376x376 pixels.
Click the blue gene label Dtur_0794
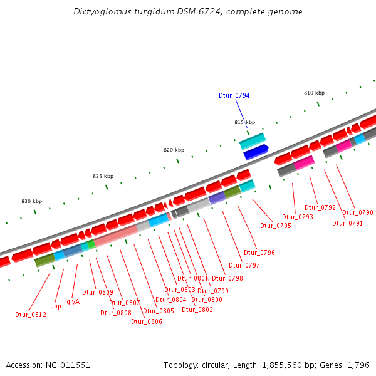(x=234, y=95)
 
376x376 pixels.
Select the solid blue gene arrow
(x=256, y=152)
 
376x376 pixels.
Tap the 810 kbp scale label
(x=315, y=93)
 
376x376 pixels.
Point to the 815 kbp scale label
(x=245, y=122)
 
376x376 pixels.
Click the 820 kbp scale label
(x=174, y=150)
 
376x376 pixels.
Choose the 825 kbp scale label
(x=103, y=176)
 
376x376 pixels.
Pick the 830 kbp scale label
(x=31, y=201)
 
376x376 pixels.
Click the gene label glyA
(x=73, y=301)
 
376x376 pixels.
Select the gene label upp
(x=56, y=306)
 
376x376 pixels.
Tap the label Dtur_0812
(x=31, y=315)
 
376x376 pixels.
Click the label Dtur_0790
(x=358, y=212)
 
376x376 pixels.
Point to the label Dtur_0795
(x=276, y=226)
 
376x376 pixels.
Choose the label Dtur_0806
(x=147, y=321)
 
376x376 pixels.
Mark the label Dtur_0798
(x=227, y=278)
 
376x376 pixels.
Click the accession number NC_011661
(x=66, y=365)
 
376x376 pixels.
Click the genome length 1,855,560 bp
(x=286, y=365)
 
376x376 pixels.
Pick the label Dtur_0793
(x=298, y=217)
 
